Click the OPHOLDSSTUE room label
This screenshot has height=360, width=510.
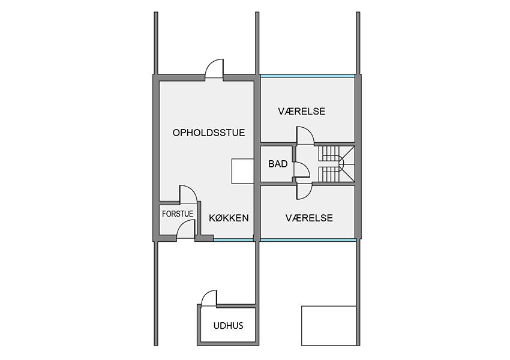click(208, 133)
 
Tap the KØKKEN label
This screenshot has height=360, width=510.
click(229, 218)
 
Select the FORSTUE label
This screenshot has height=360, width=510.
click(178, 214)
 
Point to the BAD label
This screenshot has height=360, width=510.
click(278, 164)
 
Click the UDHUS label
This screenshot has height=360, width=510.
click(229, 326)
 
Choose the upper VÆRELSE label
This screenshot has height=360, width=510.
click(302, 111)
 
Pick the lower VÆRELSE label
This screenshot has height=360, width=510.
click(309, 218)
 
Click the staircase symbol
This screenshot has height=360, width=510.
click(337, 164)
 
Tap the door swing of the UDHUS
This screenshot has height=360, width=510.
click(209, 298)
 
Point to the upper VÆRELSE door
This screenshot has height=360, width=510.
click(305, 135)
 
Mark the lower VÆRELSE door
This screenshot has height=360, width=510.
click(304, 191)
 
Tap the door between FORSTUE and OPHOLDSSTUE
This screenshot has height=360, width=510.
click(188, 194)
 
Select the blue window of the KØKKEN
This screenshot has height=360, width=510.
click(233, 240)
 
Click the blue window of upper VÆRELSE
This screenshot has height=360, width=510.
click(307, 76)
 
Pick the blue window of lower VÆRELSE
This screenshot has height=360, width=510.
click(308, 240)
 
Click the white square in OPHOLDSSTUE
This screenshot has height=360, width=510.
click(242, 171)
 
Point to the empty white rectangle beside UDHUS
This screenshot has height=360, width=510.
click(329, 326)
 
